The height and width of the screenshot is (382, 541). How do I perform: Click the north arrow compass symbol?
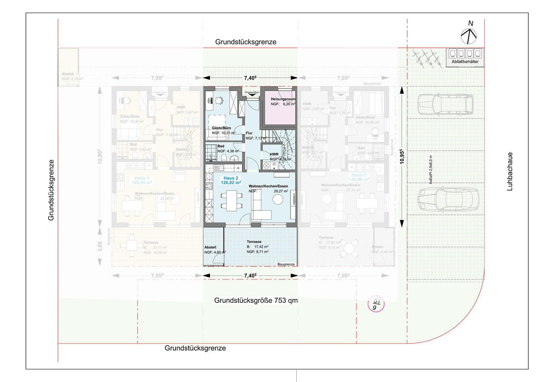coord(469,35)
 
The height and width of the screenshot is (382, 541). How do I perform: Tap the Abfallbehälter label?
coord(465,62)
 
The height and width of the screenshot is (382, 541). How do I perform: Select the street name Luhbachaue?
coord(510,172)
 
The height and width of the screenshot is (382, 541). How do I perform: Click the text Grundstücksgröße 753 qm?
coord(256,301)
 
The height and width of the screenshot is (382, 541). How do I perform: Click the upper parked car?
coord(445,104)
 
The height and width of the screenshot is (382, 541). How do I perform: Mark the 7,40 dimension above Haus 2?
coord(250,78)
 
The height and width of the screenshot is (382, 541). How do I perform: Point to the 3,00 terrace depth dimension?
coord(100,246)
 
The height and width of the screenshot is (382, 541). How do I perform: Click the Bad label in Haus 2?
coord(221,146)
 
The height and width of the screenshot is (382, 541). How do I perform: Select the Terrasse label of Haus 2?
coord(254,242)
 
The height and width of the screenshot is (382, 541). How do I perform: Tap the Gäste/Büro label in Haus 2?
coord(221,128)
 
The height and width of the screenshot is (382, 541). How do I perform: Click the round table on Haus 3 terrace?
coord(351,246)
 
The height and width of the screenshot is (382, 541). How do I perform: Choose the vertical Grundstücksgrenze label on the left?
coord(51,190)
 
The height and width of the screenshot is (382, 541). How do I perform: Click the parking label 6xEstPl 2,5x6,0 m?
coord(431,170)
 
